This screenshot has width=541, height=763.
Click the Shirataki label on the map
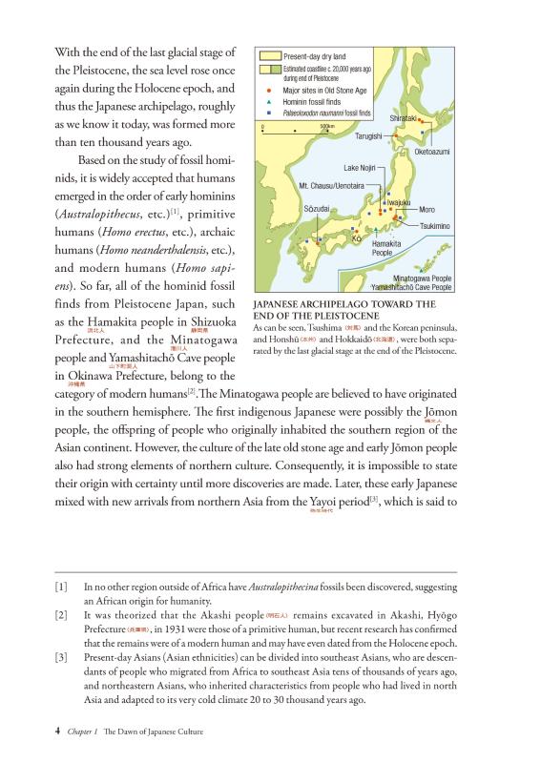pyautogui.click(x=404, y=117)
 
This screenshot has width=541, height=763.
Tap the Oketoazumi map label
pyautogui.click(x=431, y=152)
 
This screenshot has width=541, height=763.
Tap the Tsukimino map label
pyautogui.click(x=434, y=225)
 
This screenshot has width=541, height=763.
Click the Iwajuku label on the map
pyautogui.click(x=398, y=203)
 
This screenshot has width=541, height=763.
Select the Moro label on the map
pyautogui.click(x=427, y=209)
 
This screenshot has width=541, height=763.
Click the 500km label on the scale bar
pyautogui.click(x=327, y=127)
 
